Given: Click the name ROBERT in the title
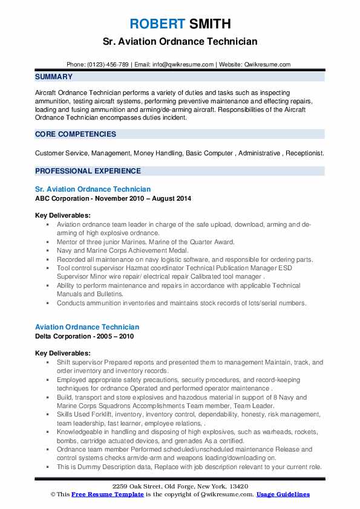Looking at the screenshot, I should coord(156,24).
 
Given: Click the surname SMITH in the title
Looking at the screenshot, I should coord(209,24).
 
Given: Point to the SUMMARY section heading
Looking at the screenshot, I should coord(54,77).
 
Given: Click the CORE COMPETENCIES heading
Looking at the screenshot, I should coord(76,134).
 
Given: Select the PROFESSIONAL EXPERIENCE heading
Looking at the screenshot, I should coord(88,171).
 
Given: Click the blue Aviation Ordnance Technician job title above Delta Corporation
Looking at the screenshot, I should coord(87,327).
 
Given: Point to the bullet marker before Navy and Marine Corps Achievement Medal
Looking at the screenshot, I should coord(48,250).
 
